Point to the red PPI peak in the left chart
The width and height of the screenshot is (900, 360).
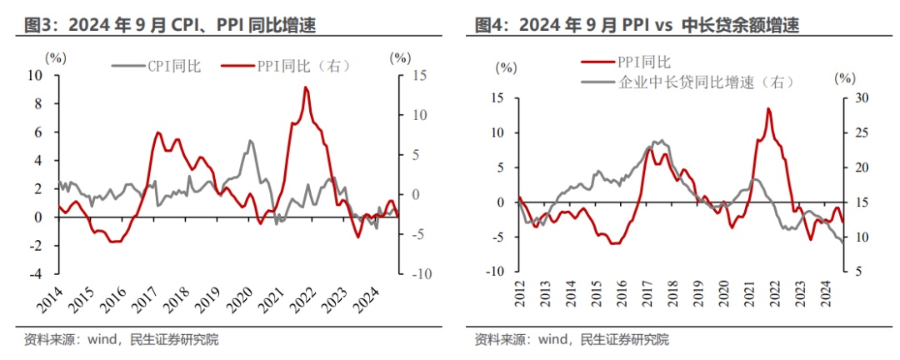(x=306, y=87)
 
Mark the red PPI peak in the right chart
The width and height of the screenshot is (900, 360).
(x=767, y=109)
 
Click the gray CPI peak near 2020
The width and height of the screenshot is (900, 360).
(x=250, y=141)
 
